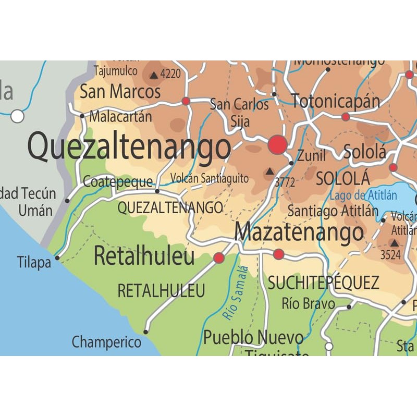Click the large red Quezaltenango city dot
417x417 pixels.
pyautogui.click(x=277, y=145)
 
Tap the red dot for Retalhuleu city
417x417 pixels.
pyautogui.click(x=219, y=257)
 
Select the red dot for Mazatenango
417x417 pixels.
pyautogui.click(x=279, y=254)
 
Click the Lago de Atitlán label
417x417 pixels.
pyautogui.click(x=363, y=196)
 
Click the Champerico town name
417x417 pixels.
pyautogui.click(x=106, y=342)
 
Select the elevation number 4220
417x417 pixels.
pyautogui.click(x=170, y=74)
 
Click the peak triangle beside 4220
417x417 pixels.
pyautogui.click(x=154, y=75)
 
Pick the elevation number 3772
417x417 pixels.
pyautogui.click(x=285, y=182)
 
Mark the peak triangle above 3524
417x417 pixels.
pyautogui.click(x=394, y=242)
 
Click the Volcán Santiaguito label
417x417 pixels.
pyautogui.click(x=210, y=178)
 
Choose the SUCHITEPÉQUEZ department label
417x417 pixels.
pyautogui.click(x=323, y=283)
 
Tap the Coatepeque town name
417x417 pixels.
pyautogui.click(x=118, y=182)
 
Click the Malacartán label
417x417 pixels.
pyautogui.click(x=120, y=117)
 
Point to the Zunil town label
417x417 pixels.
pyautogui.click(x=311, y=155)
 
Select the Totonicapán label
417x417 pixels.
pyautogui.click(x=336, y=101)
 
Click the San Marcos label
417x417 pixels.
pyautogui.click(x=120, y=92)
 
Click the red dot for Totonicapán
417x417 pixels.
pyautogui.click(x=346, y=117)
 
